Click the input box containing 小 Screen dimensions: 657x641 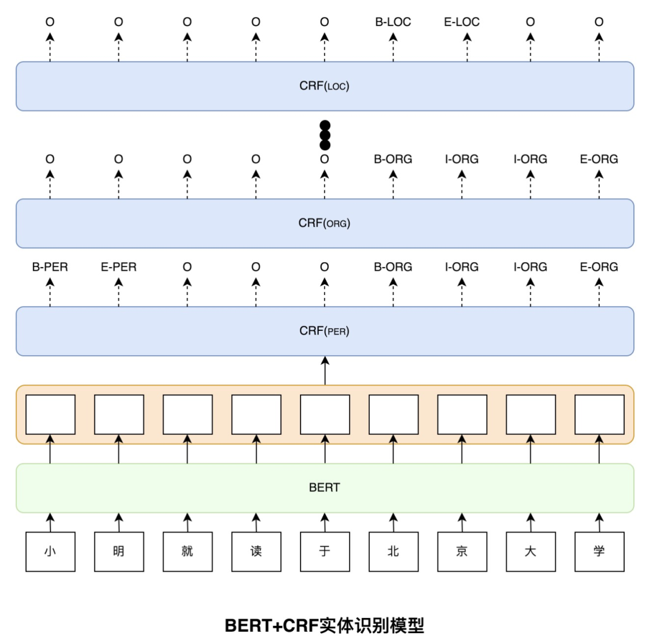(50, 552)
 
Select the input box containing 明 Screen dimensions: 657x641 (119, 552)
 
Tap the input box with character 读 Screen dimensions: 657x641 (257, 552)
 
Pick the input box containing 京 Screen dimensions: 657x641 (462, 552)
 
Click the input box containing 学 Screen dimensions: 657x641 (600, 552)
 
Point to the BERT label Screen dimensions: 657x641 (325, 487)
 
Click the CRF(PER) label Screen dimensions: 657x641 (324, 331)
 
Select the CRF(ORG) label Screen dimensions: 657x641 (324, 223)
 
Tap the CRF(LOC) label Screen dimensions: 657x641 (324, 86)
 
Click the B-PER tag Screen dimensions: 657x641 (50, 267)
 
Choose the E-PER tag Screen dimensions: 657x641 (119, 267)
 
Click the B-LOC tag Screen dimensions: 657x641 (393, 22)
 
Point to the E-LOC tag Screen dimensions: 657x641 (462, 22)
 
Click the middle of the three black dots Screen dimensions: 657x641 (325, 136)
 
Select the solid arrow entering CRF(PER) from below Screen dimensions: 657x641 (325, 371)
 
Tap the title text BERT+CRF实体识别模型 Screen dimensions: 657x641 (325, 626)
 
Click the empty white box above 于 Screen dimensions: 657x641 (325, 414)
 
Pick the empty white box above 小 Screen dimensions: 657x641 (50, 414)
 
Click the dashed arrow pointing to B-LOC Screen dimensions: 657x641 (393, 47)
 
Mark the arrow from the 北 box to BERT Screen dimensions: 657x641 (394, 522)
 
